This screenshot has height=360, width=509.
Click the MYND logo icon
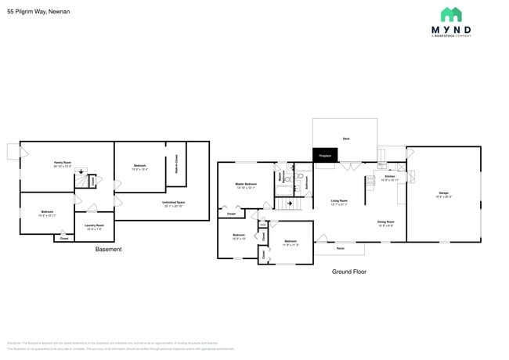450,14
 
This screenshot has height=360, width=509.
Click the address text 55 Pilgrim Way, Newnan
39,12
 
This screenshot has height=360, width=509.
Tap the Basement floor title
108,250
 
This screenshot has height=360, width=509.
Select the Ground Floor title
348,272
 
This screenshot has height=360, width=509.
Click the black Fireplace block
323,156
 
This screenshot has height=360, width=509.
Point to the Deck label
345,139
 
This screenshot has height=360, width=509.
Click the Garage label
443,193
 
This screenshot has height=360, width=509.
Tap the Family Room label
63,164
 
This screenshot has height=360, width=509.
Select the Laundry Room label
94,228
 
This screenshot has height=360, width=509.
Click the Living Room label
338,202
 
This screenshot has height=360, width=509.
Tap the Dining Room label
385,222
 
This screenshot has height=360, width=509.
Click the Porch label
341,248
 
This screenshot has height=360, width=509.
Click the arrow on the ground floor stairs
291,204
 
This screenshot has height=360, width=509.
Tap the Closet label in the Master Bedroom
231,213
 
